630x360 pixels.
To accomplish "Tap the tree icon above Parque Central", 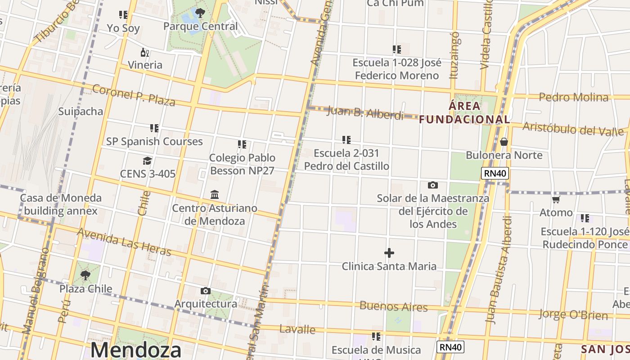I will pos(200,13).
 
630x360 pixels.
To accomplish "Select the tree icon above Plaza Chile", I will pos(85,275).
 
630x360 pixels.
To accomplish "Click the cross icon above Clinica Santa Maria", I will pos(389,253).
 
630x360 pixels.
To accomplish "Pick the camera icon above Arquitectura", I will pos(206,291).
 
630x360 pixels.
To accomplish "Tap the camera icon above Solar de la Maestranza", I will pos(433,185).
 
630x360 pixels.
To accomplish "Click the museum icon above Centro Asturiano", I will pos(215,195).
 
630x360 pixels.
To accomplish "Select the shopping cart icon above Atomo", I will pos(556,199).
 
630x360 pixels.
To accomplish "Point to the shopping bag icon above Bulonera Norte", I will pos(504,142).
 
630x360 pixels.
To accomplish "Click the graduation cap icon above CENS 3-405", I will pos(147,161).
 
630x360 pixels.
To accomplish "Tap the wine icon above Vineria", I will pos(144,52).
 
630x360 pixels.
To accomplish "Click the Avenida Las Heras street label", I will pos(124,242).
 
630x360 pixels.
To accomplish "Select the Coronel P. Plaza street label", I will pos(134,95).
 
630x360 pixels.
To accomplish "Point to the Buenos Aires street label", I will pos(393,306).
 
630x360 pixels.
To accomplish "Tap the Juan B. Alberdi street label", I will pos(365,112).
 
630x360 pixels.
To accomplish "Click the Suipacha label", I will pos(81,111).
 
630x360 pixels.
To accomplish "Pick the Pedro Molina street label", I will pos(573,97).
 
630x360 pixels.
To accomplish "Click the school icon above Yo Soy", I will pos(123,15).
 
